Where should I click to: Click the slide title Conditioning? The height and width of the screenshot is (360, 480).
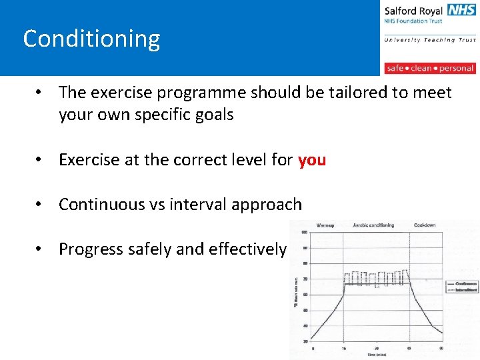(x=91, y=39)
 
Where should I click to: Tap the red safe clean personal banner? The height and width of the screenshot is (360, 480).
(x=430, y=68)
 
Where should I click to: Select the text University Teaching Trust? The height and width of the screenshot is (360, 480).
(x=430, y=40)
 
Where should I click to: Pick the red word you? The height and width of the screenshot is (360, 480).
(x=312, y=160)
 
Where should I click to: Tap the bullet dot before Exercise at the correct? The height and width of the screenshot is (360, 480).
(x=41, y=160)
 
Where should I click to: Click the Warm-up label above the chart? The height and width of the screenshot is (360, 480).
(x=326, y=225)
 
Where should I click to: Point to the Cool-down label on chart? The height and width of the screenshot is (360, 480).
(x=424, y=225)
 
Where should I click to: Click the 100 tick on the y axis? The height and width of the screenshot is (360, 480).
(x=304, y=233)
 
